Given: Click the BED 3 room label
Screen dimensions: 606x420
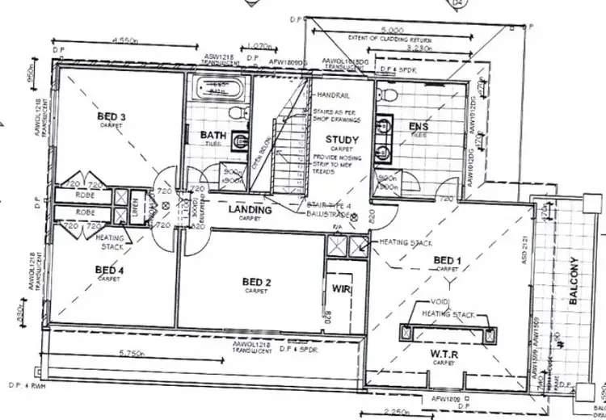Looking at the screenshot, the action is pos(112,115).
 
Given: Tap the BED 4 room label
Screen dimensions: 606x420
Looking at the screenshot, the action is pos(109,269).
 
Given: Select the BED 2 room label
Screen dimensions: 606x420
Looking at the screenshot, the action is pos(256,281).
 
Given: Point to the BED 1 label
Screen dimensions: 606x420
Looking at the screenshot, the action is pos(447,259).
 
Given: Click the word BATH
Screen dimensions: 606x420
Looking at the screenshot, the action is pos(213,135).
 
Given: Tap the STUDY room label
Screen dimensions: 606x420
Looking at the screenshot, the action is pos(343,140).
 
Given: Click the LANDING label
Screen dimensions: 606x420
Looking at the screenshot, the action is pos(250,210).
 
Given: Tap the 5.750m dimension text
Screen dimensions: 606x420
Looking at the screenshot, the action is pos(131,353).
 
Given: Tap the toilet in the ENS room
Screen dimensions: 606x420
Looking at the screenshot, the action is pos(389,94).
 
